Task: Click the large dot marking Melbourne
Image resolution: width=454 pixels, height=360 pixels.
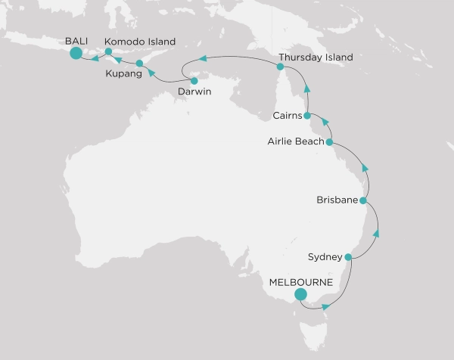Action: tap(300, 295)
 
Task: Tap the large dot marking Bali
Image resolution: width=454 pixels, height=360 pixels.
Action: tap(76, 53)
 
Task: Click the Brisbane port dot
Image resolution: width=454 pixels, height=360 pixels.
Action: tap(364, 201)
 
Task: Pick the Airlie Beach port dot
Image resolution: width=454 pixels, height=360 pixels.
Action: tap(329, 141)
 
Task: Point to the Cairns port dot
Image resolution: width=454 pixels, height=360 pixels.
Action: tap(307, 116)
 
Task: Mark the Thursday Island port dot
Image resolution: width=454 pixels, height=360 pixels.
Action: tap(281, 67)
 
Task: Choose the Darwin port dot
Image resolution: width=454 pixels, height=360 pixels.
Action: tap(194, 81)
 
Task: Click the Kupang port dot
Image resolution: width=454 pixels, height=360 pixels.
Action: tap(139, 64)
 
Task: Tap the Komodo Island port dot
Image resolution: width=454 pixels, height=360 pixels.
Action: tap(108, 52)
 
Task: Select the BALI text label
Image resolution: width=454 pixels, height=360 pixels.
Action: tap(77, 41)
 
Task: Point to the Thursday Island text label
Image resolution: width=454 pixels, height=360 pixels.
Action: tap(316, 57)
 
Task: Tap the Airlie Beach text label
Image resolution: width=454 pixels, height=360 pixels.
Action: tap(295, 141)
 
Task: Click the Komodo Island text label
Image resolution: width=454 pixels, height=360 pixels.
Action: tap(140, 41)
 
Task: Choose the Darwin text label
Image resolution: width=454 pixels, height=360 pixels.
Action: tap(194, 92)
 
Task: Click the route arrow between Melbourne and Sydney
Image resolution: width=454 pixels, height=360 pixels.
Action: tap(326, 307)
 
